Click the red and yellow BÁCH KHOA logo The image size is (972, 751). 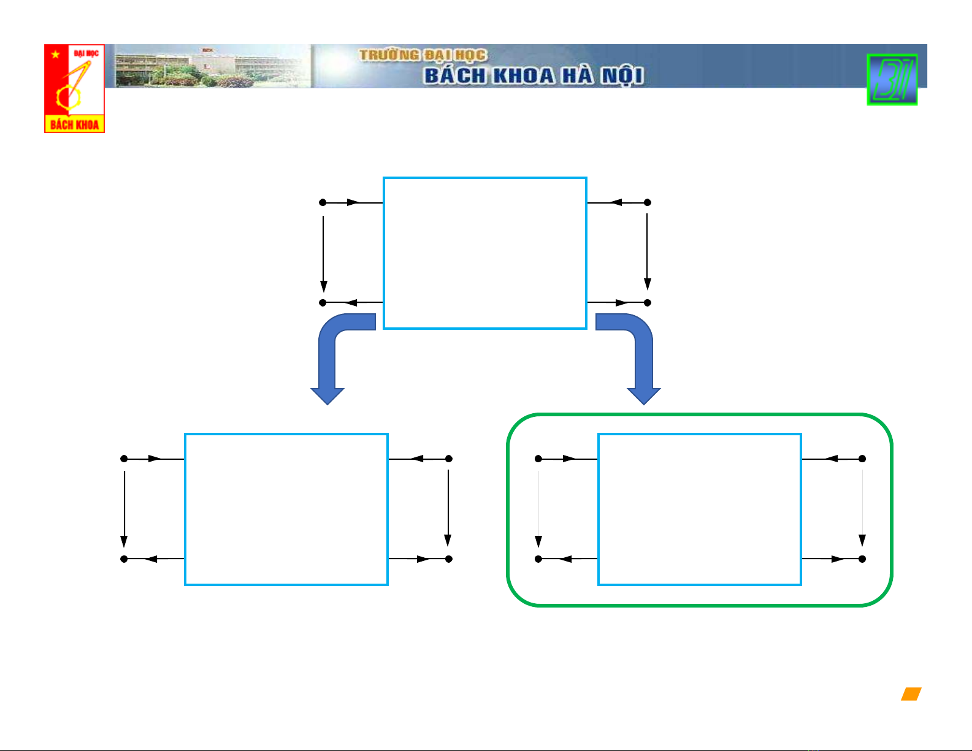coord(74,88)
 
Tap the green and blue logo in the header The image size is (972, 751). coord(892,80)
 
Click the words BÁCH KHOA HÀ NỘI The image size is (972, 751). coord(534,75)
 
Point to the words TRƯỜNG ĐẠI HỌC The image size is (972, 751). coord(423,55)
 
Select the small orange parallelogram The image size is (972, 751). coord(911,694)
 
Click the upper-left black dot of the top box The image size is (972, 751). coord(323,202)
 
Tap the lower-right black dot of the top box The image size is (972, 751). coord(647,303)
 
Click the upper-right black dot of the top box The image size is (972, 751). coord(647,202)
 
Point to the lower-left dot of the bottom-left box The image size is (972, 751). coord(124,558)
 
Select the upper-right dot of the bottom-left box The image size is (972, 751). coord(449,459)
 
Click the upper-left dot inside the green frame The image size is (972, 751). coord(538,459)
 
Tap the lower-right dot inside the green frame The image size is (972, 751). coord(862,558)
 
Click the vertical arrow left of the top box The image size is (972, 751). coord(323,254)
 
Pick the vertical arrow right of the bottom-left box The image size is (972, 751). coord(448,508)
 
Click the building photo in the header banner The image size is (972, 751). coord(212,66)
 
